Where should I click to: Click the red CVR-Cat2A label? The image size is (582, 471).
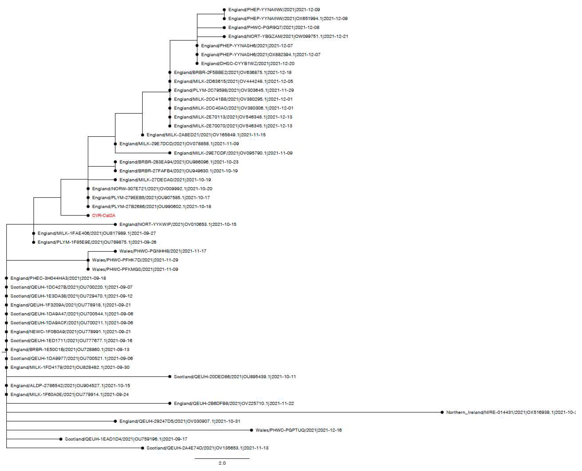tap(103, 215)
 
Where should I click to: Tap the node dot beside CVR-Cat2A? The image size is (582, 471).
tap(88, 215)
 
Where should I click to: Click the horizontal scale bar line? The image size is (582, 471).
tap(222, 458)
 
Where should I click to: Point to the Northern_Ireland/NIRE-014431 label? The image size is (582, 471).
tap(510, 412)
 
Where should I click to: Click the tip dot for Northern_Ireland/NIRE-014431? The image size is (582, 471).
tap(442, 412)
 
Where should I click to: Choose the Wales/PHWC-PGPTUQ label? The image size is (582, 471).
tap(298, 430)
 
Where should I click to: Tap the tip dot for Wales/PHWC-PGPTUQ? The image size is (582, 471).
tap(251, 430)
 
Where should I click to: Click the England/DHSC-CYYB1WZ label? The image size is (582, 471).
tap(247, 64)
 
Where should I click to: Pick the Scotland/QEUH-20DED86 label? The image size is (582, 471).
tap(235, 377)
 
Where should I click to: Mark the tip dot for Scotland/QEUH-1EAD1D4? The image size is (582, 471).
tap(61, 439)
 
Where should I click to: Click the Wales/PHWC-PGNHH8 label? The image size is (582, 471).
tap(163, 251)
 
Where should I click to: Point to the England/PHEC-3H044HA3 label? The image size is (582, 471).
tap(58, 278)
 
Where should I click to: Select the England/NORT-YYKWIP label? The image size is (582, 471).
tap(178, 224)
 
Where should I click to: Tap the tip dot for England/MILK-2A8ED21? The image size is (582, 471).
tap(143, 135)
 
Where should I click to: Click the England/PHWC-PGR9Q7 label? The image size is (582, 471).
tap(273, 27)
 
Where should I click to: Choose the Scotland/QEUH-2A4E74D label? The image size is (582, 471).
tap(207, 448)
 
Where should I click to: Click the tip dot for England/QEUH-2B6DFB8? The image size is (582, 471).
tap(170, 404)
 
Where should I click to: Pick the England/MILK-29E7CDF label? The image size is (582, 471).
tap(233, 153)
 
